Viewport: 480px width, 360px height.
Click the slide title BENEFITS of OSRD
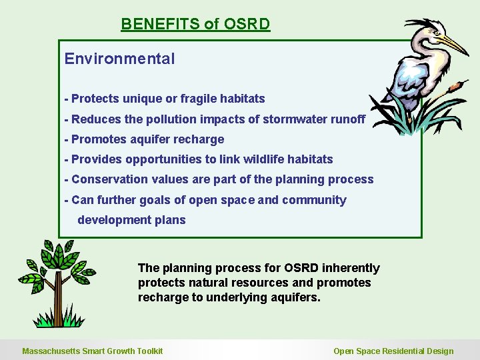pyautogui.click(x=195, y=25)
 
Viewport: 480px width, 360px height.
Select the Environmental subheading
pyautogui.click(x=119, y=59)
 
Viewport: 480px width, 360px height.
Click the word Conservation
pyautogui.click(x=108, y=179)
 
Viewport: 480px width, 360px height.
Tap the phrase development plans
pyautogui.click(x=131, y=220)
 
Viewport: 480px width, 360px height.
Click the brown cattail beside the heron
pyautogui.click(x=456, y=86)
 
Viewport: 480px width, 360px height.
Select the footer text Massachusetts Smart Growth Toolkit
pyautogui.click(x=93, y=351)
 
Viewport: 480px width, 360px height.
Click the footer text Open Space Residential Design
pyautogui.click(x=393, y=351)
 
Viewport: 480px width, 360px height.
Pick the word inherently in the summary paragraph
pyautogui.click(x=351, y=268)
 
